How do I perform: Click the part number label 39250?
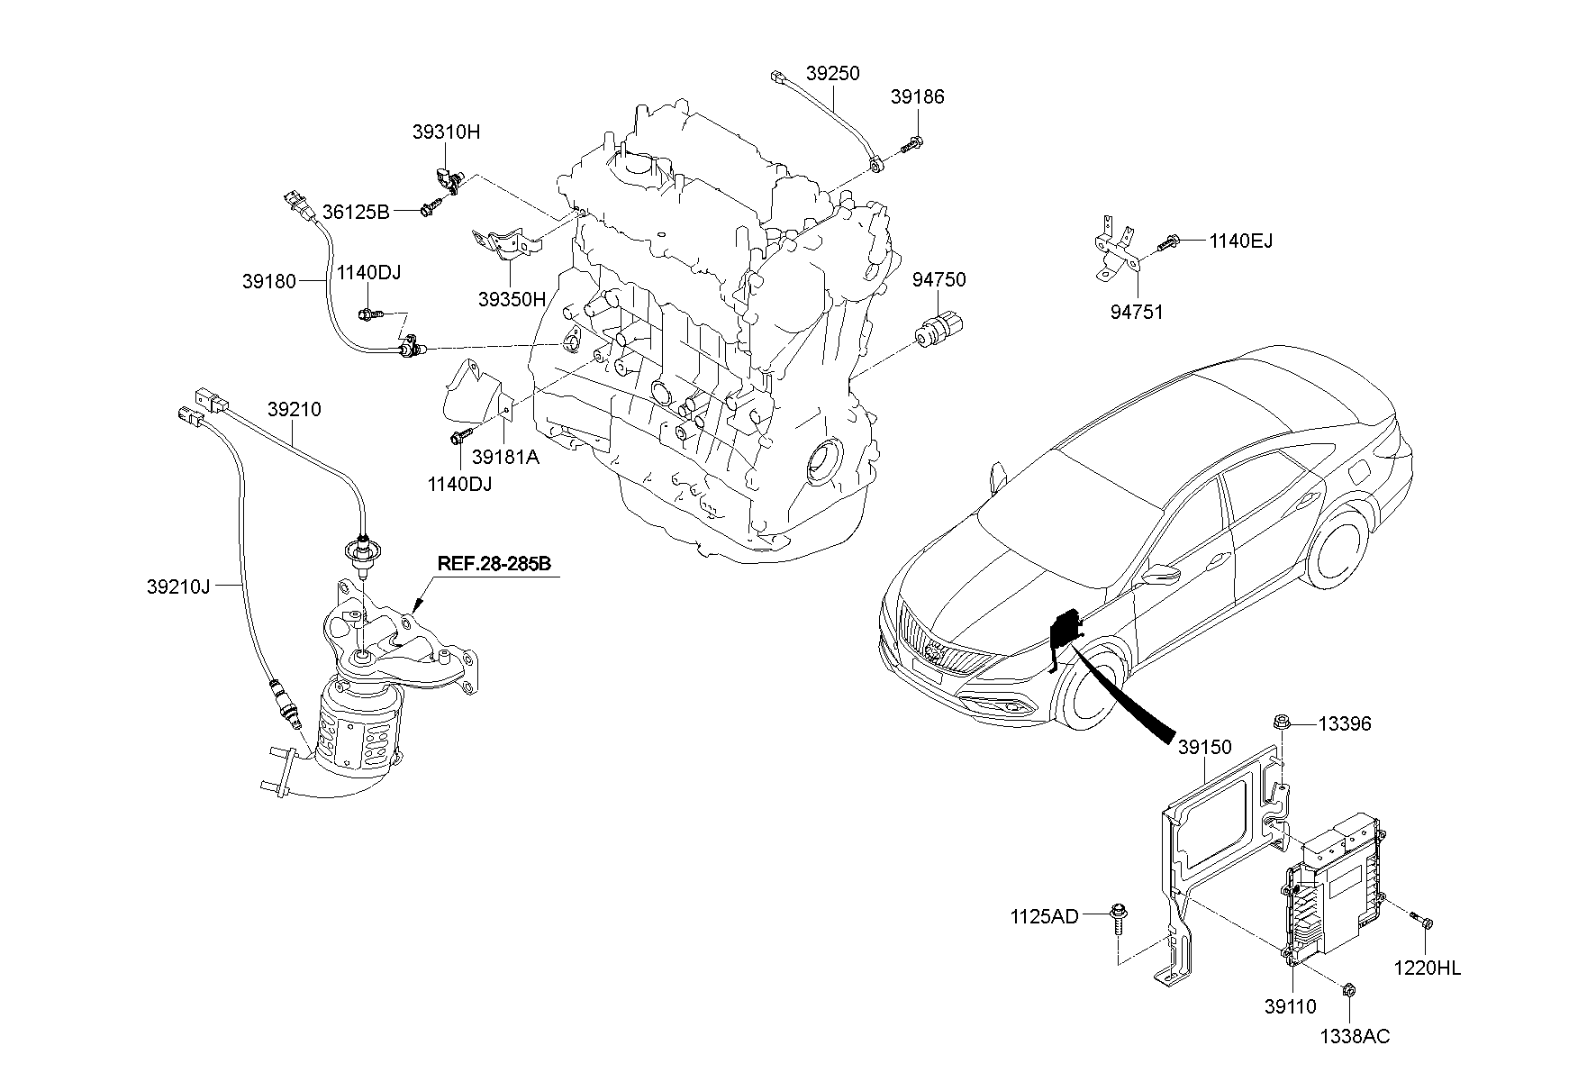point(832,73)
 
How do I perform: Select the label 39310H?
point(447,132)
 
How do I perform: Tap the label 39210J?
point(178,586)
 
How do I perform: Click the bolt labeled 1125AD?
point(1118,916)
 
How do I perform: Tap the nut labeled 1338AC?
point(1348,990)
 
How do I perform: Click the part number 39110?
point(1290,1007)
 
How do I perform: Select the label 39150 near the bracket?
point(1204,748)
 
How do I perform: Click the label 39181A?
point(505,457)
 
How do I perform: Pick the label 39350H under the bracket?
point(512,299)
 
